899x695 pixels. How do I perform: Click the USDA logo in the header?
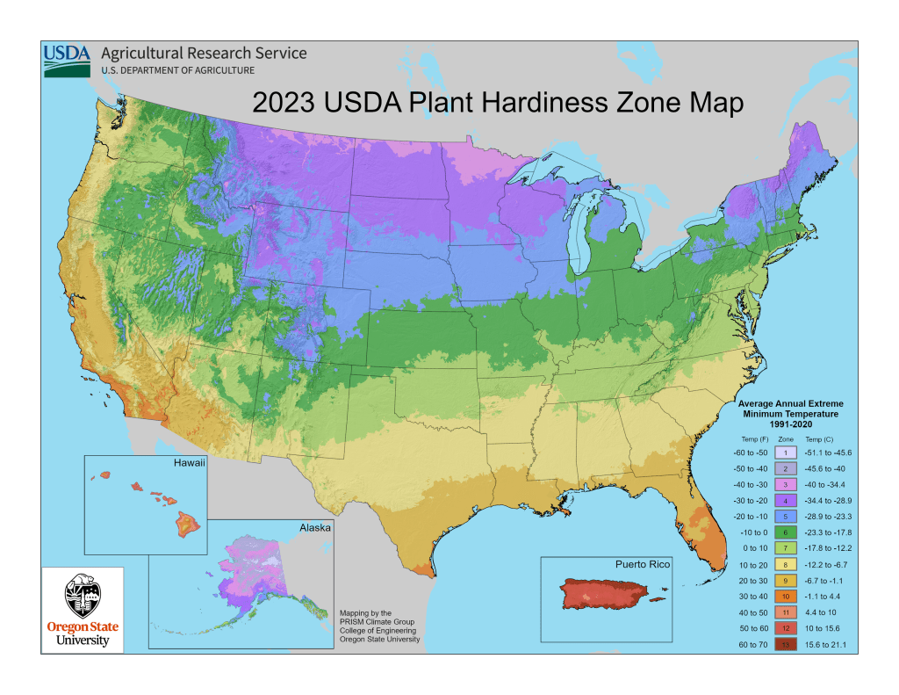pyautogui.click(x=67, y=60)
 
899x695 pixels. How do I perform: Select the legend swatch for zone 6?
pyautogui.click(x=787, y=532)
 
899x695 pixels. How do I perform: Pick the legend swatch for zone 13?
pyautogui.click(x=787, y=646)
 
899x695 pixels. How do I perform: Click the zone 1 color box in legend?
pyautogui.click(x=787, y=452)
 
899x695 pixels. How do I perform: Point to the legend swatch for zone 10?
pyautogui.click(x=787, y=597)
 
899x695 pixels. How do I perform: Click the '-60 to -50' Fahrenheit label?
pyautogui.click(x=747, y=452)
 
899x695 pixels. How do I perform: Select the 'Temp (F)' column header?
pyautogui.click(x=747, y=437)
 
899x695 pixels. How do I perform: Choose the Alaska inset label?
pyautogui.click(x=314, y=527)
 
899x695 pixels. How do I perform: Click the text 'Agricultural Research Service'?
pyautogui.click(x=204, y=53)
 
